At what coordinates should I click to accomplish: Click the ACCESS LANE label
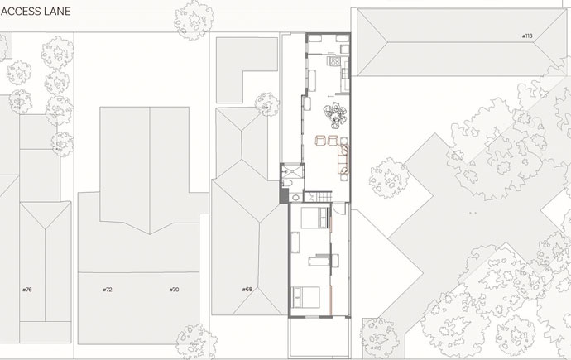36,12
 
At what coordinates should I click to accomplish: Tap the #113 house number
527,36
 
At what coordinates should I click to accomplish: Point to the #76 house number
27,290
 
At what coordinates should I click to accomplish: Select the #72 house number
108,290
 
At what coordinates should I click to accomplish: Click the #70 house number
174,290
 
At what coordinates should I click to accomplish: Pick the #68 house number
247,290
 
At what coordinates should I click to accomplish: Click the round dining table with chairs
335,115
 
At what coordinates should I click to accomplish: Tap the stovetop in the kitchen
334,60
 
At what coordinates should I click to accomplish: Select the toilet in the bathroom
287,183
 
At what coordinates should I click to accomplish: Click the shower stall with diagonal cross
293,170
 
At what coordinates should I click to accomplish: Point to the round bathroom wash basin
295,198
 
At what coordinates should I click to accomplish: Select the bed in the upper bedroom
314,218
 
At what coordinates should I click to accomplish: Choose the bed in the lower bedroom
306,297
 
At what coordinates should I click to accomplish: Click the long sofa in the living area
343,159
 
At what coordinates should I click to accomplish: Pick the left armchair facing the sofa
320,141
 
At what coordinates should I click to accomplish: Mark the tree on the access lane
194,20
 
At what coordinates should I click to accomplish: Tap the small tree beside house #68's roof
267,104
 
